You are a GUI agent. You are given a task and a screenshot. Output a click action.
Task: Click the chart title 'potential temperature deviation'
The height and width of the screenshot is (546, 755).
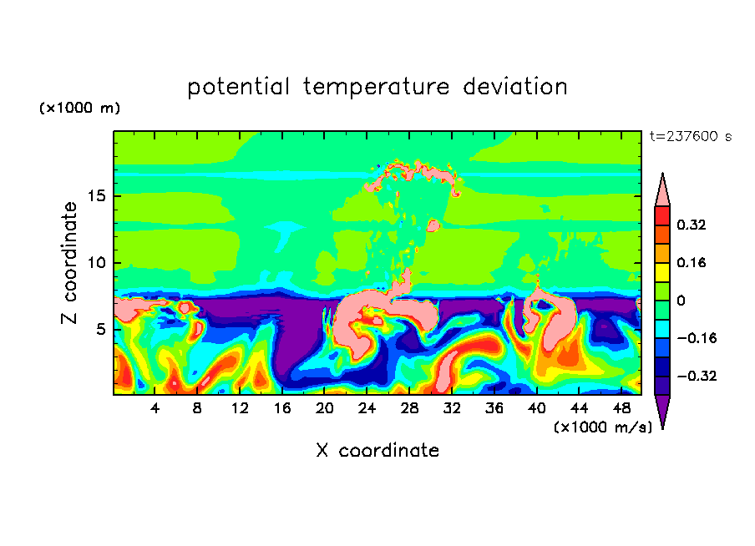click(x=377, y=87)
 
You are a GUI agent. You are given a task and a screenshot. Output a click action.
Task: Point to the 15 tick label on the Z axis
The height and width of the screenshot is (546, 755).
click(x=97, y=196)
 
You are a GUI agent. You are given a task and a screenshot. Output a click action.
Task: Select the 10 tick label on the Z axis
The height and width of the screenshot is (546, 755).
click(x=97, y=263)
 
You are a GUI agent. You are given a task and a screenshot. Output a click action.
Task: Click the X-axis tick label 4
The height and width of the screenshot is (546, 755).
click(x=155, y=408)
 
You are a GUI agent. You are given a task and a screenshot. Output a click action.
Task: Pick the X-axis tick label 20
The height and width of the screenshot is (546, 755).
click(x=325, y=408)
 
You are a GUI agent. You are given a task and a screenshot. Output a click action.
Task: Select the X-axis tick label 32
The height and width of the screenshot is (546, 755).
click(x=452, y=408)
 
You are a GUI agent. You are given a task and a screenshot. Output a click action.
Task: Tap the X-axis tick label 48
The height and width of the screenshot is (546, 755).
click(x=621, y=408)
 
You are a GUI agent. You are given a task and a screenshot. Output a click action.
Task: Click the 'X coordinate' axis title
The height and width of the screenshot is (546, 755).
click(x=377, y=450)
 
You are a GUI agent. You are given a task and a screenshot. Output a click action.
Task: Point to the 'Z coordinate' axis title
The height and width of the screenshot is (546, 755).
click(x=68, y=263)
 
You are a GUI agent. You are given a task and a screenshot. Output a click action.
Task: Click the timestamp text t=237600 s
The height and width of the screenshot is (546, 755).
click(x=691, y=137)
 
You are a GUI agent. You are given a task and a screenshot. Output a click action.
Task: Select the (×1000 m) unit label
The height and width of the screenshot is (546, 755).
click(x=80, y=108)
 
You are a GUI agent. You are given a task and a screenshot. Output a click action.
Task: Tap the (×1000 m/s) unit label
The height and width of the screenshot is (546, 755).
click(x=603, y=427)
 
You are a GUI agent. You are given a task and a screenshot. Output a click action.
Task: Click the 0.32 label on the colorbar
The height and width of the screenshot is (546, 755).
click(x=692, y=225)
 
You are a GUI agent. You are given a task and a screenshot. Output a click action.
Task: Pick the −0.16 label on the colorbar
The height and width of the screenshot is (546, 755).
click(x=697, y=338)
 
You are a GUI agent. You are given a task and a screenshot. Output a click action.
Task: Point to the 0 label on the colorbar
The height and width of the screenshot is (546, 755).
click(x=681, y=301)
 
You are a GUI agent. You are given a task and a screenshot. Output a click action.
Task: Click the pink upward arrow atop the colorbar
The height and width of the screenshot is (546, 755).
click(x=662, y=192)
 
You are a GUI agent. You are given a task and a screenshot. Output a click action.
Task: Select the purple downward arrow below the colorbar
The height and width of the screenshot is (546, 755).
click(x=662, y=409)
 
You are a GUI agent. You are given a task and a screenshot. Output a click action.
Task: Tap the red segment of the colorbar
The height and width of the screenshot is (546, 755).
click(x=662, y=215)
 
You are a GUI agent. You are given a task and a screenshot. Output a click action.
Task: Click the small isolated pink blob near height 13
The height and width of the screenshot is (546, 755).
click(x=433, y=225)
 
